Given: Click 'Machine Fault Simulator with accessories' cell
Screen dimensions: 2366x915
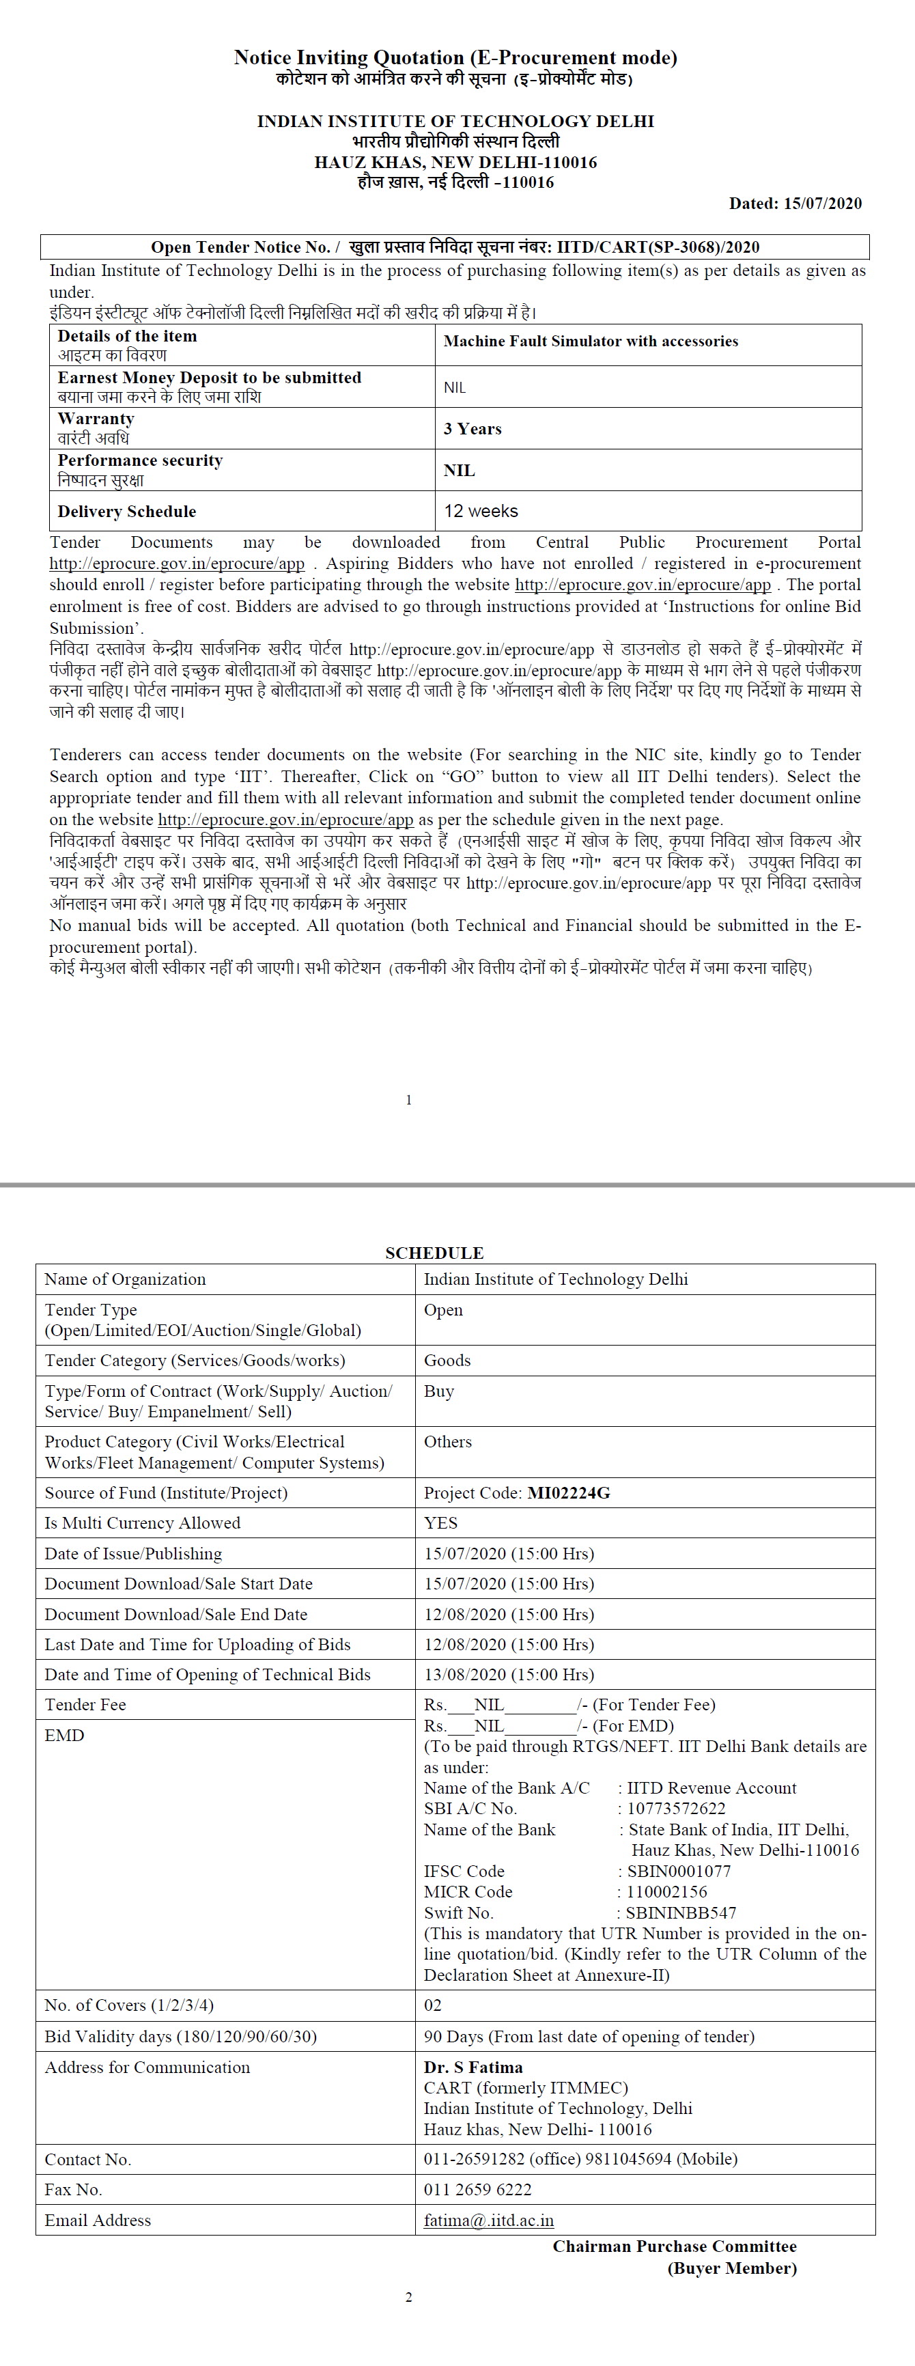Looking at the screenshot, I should coord(591,341).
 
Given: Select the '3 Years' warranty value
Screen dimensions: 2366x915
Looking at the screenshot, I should coord(473,429).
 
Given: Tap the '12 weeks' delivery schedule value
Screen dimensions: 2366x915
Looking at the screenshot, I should coord(481,511).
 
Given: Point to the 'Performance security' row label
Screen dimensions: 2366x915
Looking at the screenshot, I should coord(139,461).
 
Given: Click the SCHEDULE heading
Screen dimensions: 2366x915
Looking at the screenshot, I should coord(434,1253).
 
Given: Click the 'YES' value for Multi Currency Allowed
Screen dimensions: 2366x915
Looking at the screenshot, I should coord(441,1523).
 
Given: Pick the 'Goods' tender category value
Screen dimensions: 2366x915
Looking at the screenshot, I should coord(447,1361).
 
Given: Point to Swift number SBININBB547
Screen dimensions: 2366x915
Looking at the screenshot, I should coord(681,1912).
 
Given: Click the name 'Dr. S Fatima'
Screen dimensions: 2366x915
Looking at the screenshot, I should coord(473,2068).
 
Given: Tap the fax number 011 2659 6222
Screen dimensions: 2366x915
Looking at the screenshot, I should coord(478,2190).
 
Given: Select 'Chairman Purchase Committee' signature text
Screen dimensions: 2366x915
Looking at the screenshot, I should coord(675,2246).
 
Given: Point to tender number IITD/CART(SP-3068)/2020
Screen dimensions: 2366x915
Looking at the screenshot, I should coord(658,247).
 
